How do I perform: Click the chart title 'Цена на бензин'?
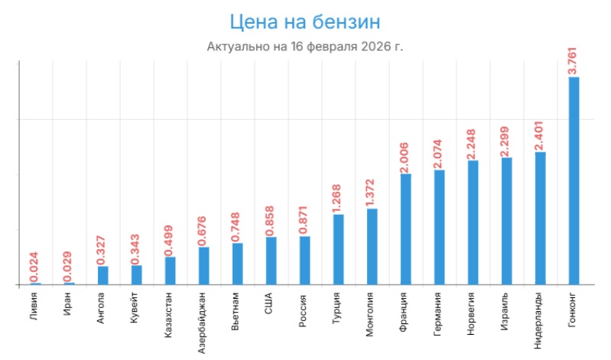click(305, 21)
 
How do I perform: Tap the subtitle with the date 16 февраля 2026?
click(305, 47)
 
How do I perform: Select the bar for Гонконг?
click(574, 180)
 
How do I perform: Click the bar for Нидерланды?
click(540, 218)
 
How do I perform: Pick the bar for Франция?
click(405, 229)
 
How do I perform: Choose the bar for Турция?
click(338, 249)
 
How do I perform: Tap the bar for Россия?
click(304, 260)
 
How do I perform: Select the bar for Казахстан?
click(170, 271)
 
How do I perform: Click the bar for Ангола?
click(102, 275)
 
